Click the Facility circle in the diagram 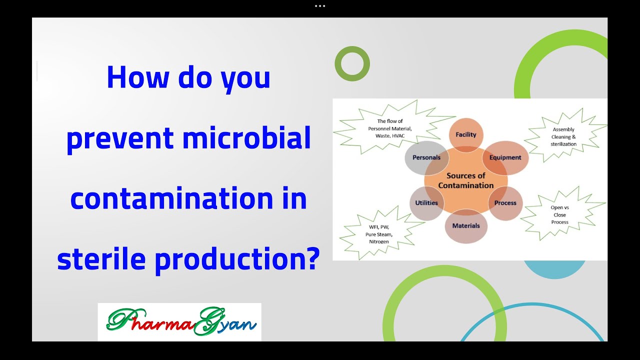(465, 134)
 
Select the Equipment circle (505, 157)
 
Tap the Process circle (505, 203)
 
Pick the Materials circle (465, 226)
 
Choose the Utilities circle (426, 203)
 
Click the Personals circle (426, 157)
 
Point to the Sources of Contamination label (465, 180)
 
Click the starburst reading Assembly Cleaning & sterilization (564, 137)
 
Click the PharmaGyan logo (179, 322)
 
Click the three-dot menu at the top (320, 6)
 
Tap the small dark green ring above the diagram (352, 63)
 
